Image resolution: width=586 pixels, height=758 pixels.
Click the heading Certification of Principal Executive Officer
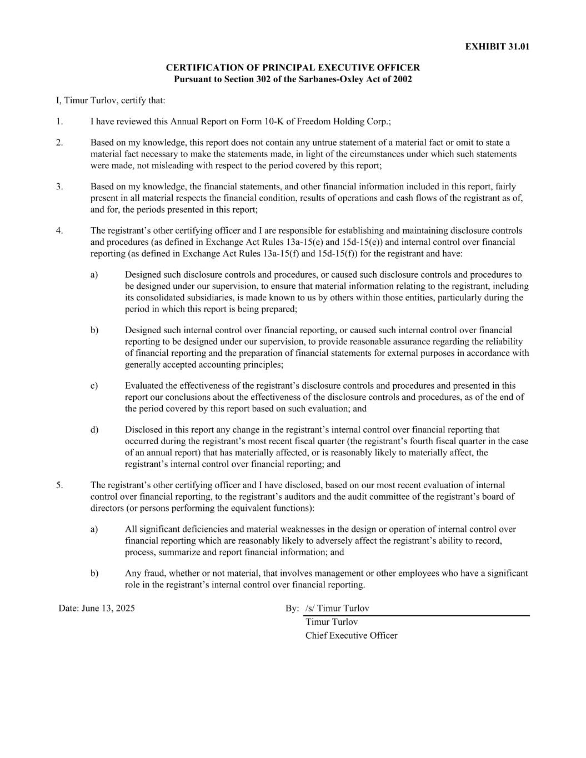(x=293, y=68)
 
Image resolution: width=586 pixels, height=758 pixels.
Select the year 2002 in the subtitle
(x=402, y=79)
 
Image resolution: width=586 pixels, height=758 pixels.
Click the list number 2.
(x=59, y=143)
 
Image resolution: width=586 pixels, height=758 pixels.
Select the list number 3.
(x=59, y=187)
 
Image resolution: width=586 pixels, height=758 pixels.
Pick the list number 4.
(x=59, y=230)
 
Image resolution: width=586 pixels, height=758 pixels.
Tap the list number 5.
(x=59, y=485)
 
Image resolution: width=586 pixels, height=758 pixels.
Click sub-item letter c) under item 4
(x=94, y=386)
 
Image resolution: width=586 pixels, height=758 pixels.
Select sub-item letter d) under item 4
(x=94, y=430)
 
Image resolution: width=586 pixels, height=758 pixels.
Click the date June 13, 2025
(x=108, y=608)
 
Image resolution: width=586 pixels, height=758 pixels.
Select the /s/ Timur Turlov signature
(x=337, y=608)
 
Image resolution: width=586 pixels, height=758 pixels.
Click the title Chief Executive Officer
(x=351, y=636)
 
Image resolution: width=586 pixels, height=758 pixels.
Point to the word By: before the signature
(x=292, y=608)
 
